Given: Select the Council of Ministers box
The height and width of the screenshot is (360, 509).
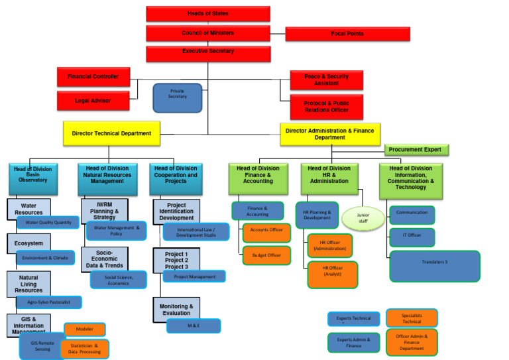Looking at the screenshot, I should coord(208,33).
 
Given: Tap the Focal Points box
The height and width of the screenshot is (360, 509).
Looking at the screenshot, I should coord(347,34).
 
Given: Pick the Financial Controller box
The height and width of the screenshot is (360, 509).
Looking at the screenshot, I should coord(93,77).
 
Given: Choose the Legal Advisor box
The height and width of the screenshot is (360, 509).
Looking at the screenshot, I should coord(93,100).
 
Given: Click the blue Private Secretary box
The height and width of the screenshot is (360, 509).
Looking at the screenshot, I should coord(177,97).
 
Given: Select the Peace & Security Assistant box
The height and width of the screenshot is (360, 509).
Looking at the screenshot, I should coord(326,80).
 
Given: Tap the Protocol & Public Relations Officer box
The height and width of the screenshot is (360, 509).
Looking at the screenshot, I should coord(326,107).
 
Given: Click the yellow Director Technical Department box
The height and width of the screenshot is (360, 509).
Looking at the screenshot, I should coord(111,133).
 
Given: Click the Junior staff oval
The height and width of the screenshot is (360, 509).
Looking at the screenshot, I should coord(363,217).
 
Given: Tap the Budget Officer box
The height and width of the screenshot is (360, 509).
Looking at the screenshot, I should coord(266,255).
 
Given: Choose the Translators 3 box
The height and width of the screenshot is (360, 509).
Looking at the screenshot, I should coord(434,265).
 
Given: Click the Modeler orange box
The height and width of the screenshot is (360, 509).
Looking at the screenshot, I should coord(85,329).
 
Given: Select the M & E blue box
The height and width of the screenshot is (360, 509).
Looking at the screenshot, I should coord(194,326).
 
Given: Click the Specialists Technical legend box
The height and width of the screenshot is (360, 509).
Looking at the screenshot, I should coord(412,318).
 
